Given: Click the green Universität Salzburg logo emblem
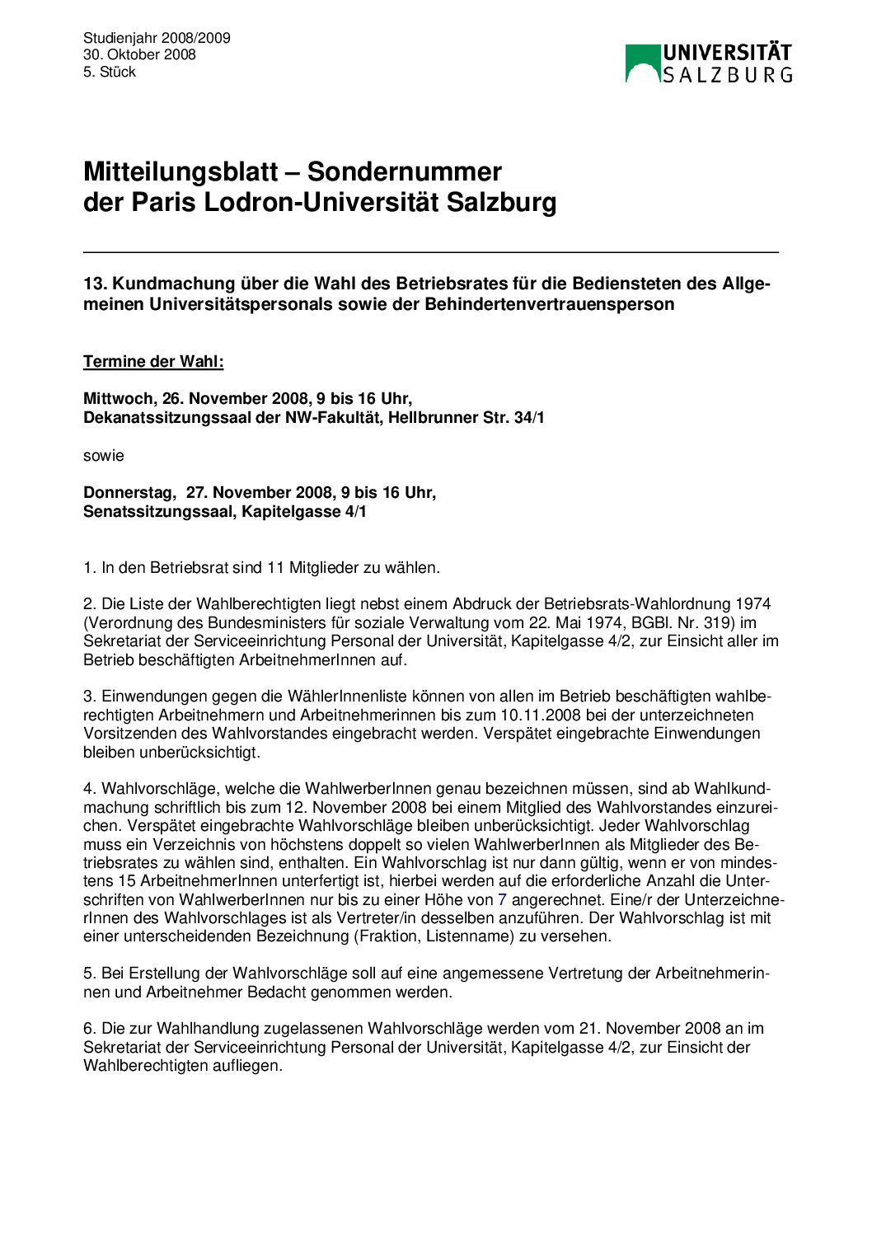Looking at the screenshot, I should click(643, 63).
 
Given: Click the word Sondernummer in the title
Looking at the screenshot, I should click(404, 171).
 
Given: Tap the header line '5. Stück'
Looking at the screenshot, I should click(109, 72).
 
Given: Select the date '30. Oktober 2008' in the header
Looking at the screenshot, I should click(139, 54).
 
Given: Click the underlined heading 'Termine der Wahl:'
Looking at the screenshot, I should click(153, 362).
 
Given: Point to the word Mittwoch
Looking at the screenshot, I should click(118, 399).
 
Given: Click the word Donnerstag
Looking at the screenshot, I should click(129, 492).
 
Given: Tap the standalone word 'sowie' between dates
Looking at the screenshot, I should click(103, 455).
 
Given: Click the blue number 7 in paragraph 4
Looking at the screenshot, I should click(502, 899).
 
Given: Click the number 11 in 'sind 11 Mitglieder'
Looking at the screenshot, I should click(275, 567).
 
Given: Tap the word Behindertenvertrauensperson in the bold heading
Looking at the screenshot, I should click(550, 304).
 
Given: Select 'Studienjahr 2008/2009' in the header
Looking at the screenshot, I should click(157, 38).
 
